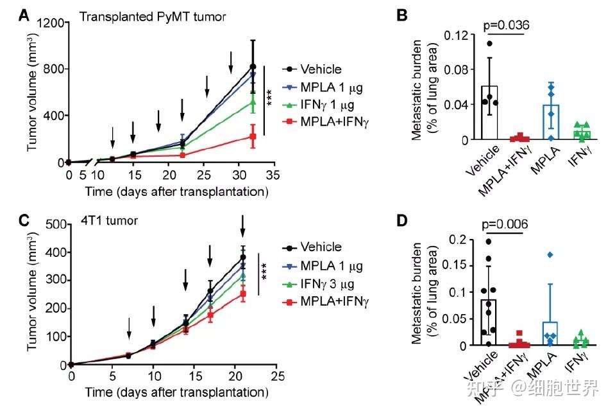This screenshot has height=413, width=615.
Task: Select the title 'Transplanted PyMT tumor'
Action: (x=152, y=17)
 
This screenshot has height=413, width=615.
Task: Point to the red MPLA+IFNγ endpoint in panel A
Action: (x=253, y=136)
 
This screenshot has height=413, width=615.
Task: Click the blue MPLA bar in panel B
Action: (x=550, y=122)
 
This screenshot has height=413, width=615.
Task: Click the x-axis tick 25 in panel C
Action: (x=277, y=375)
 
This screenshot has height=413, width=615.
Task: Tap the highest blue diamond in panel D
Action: (x=550, y=255)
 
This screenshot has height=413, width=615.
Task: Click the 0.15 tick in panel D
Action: (x=457, y=266)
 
